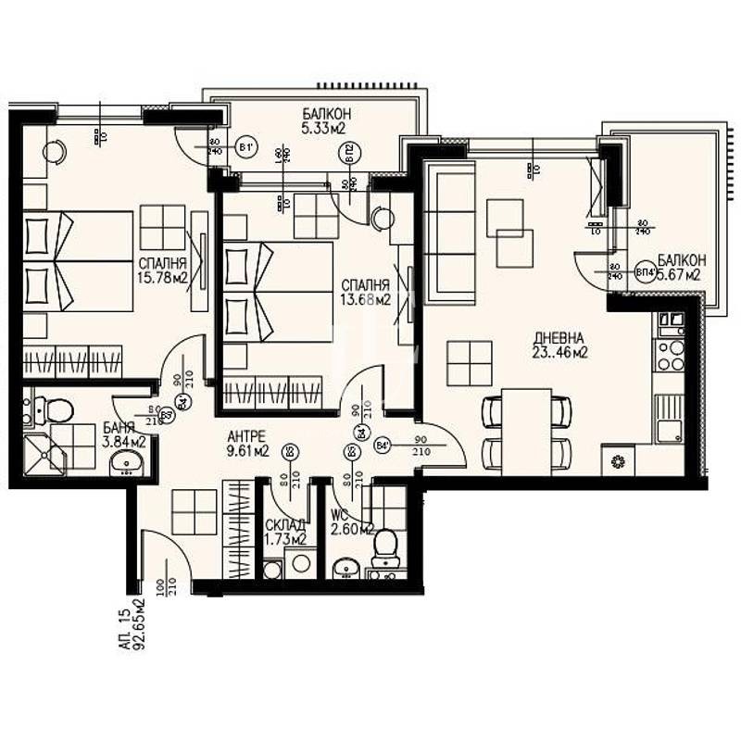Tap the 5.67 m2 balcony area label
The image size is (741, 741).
679,275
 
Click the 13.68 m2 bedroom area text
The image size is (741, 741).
365,298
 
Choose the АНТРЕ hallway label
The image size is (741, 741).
246,436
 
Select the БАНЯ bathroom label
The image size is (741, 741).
120,428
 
